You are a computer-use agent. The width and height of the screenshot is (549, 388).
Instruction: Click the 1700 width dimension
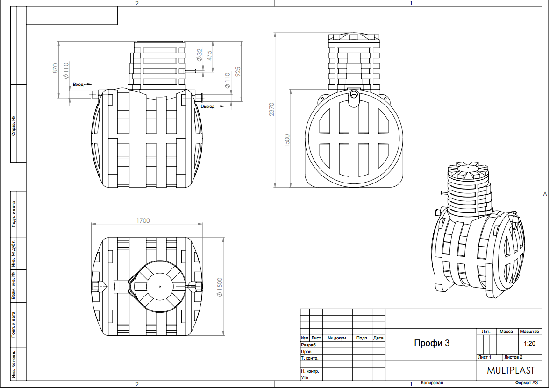[x=143, y=220]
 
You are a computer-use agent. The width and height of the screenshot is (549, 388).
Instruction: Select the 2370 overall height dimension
[x=272, y=110]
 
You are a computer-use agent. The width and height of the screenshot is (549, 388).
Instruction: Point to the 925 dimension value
[x=238, y=72]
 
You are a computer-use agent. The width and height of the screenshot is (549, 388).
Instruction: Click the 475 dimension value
[x=209, y=56]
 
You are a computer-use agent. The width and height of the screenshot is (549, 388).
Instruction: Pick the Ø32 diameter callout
[x=199, y=55]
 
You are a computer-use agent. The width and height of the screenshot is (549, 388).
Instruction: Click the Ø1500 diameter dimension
[x=220, y=287]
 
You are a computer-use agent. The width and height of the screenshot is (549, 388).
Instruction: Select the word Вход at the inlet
[x=78, y=85]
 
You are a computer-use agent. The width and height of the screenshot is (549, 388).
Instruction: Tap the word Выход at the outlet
[x=207, y=106]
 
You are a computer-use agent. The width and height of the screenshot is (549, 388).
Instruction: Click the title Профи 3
[x=432, y=343]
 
